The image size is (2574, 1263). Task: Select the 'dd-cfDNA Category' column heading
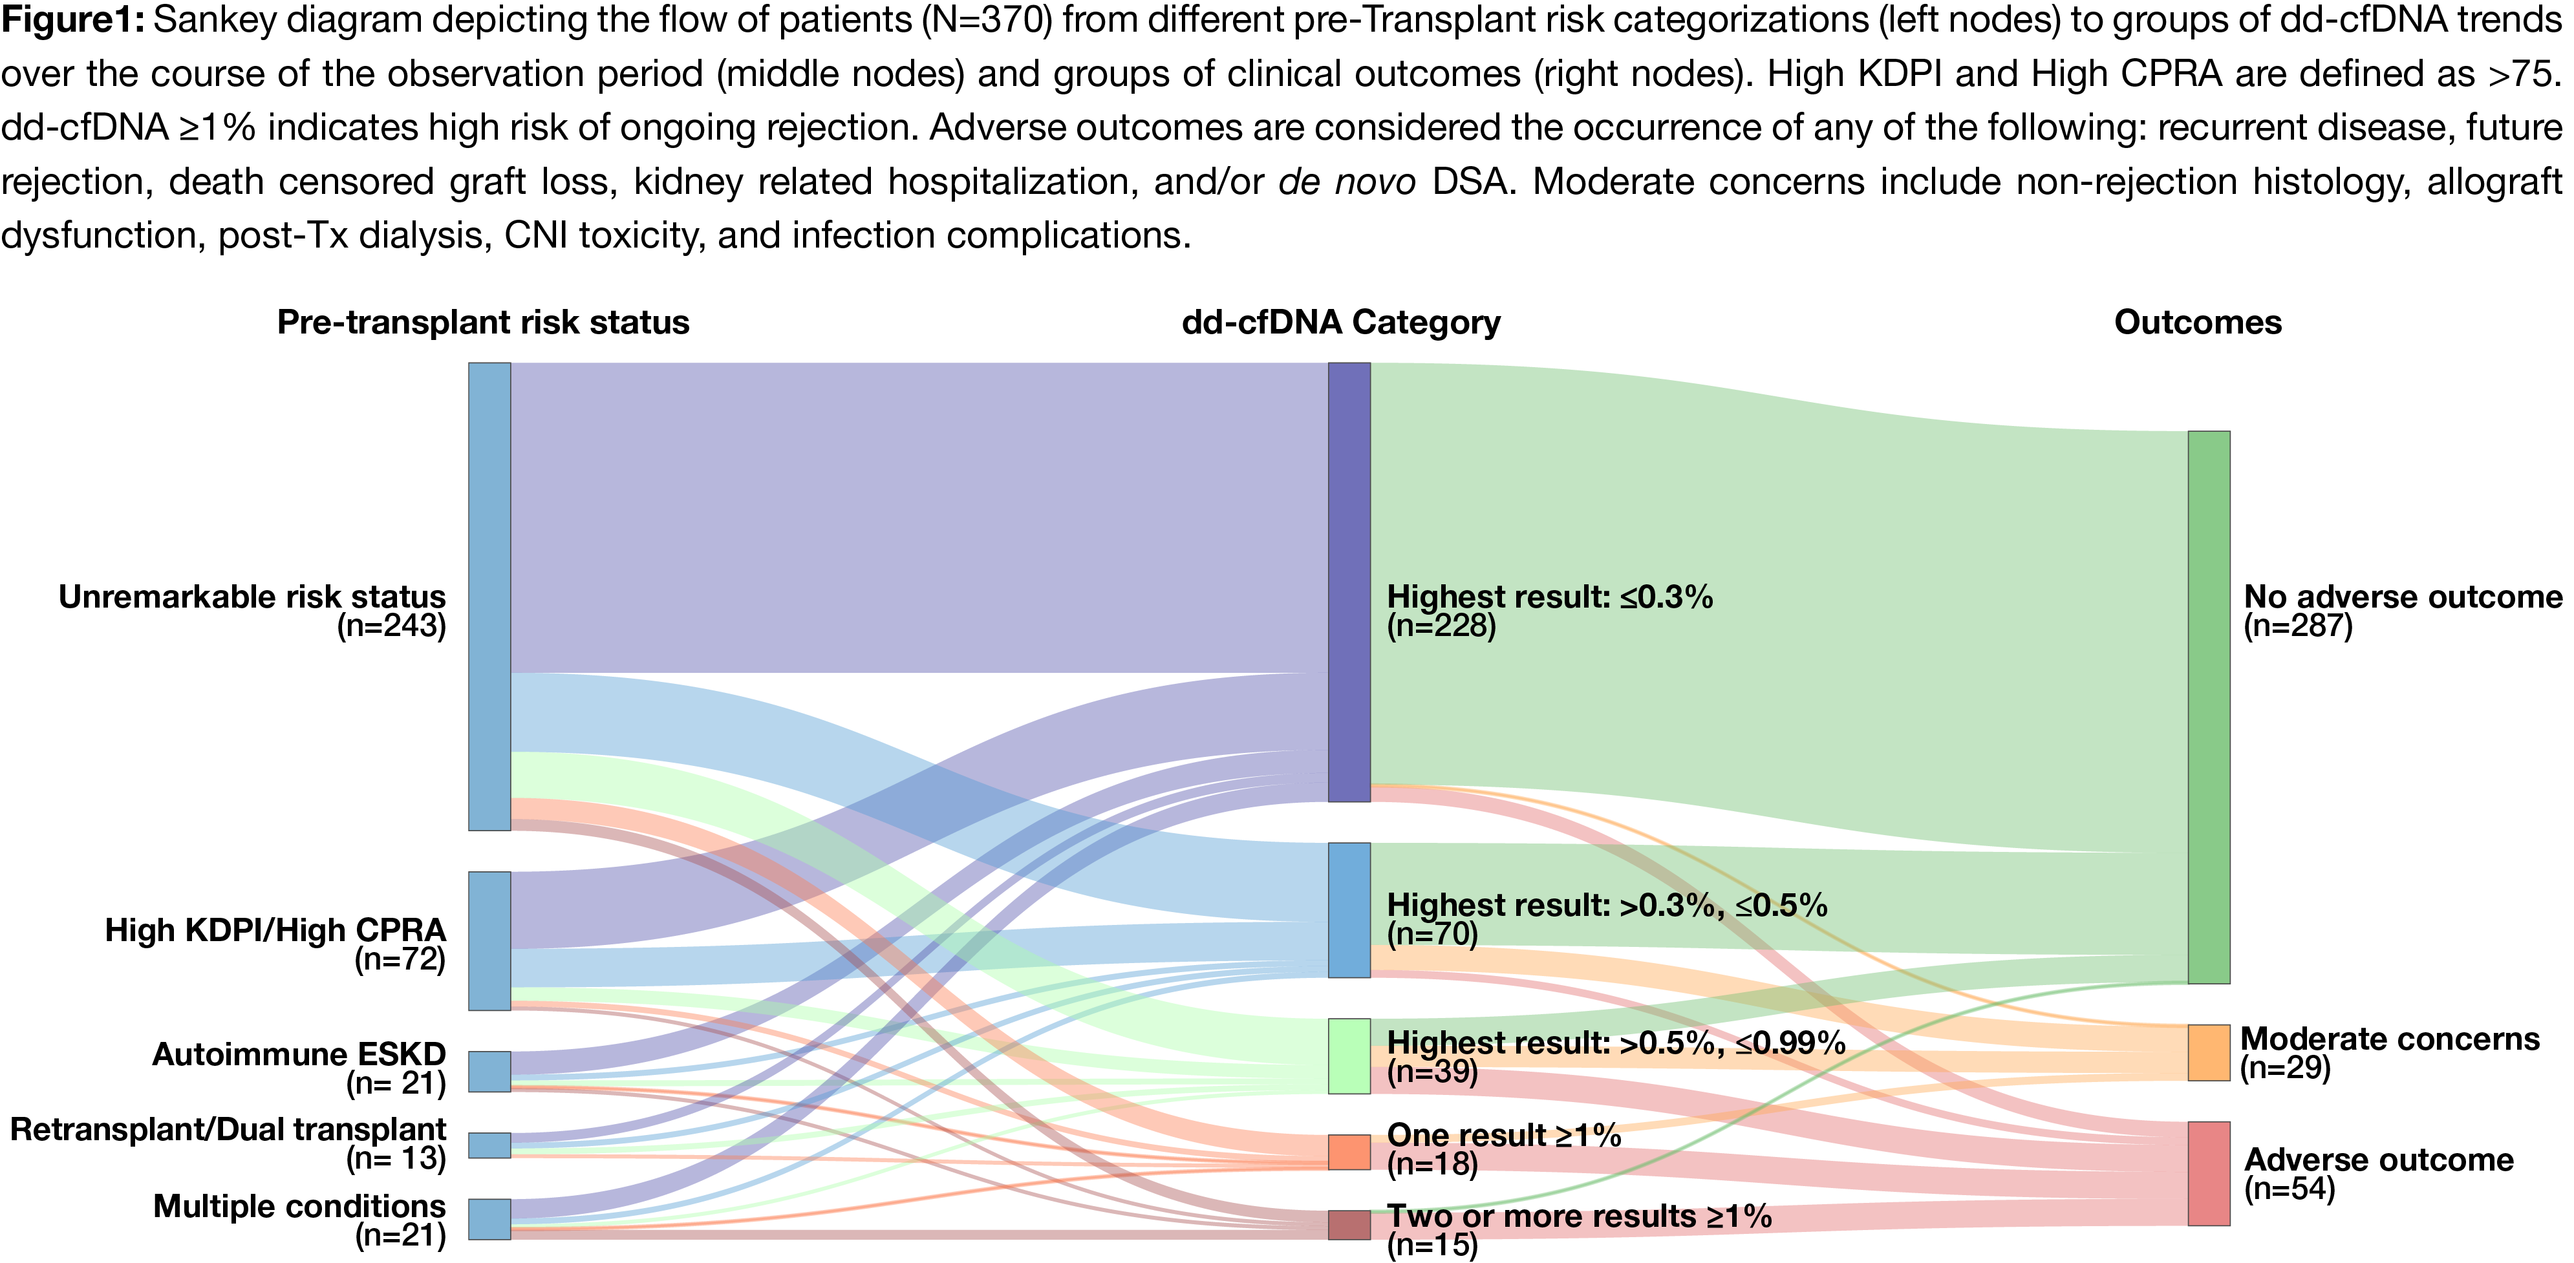click(1341, 322)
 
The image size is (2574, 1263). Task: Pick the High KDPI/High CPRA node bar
click(489, 940)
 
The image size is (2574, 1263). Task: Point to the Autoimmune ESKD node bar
click(489, 1070)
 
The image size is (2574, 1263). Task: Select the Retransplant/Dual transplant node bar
click(489, 1145)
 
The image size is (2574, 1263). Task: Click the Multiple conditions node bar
click(489, 1219)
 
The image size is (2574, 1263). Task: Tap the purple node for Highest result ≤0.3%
click(1349, 582)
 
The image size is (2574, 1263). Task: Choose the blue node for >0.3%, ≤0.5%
click(1349, 909)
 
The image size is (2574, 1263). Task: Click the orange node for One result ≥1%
click(1349, 1151)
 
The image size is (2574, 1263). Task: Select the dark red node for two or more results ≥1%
click(1349, 1225)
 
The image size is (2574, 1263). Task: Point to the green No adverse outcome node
click(2208, 706)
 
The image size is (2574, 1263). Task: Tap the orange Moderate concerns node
click(2208, 1052)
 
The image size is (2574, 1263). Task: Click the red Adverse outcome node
click(2208, 1173)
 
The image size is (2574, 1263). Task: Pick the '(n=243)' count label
click(392, 626)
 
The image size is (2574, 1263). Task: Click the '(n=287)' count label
click(2297, 626)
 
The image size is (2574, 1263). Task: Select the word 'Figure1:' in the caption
click(73, 20)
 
